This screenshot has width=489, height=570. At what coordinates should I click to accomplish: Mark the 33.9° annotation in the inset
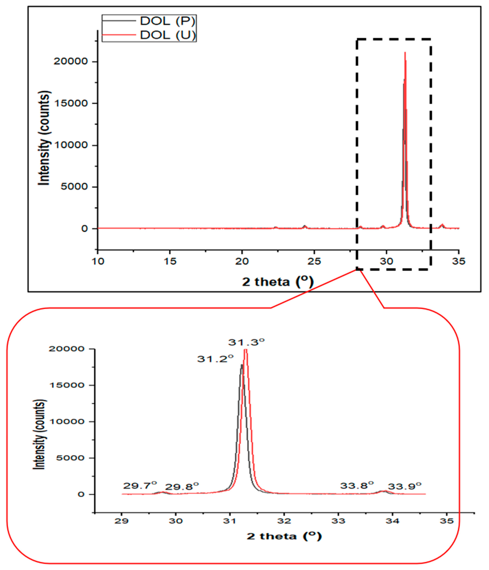tap(404, 486)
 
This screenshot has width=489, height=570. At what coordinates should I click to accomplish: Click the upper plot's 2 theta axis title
tap(278, 282)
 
